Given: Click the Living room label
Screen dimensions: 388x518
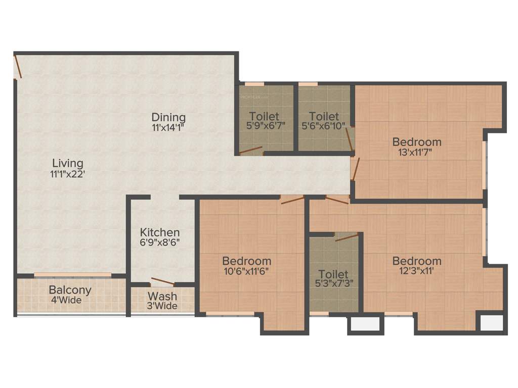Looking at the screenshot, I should click(68, 163).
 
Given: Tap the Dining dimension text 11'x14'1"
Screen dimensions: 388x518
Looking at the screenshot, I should click(168, 128).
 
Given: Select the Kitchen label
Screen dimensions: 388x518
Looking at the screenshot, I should click(160, 232).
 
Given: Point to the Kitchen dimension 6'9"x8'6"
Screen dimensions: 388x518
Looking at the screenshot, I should click(160, 242).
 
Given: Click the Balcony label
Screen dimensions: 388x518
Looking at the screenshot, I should click(70, 290).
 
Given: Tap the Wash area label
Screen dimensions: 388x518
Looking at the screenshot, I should click(162, 296).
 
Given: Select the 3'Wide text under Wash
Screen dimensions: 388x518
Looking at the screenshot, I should click(162, 306).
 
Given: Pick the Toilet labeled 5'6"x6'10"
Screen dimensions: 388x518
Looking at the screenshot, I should click(324, 117).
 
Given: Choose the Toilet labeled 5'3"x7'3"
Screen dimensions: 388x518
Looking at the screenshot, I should click(333, 274).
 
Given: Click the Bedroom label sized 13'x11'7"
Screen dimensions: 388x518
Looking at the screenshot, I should click(417, 141).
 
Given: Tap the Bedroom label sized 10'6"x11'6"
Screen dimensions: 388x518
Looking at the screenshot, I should click(247, 261).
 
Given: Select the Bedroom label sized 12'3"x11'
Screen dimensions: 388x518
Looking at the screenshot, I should click(417, 261).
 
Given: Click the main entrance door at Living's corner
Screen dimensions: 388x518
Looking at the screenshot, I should click(18, 67).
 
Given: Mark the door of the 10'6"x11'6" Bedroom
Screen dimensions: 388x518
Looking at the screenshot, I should click(292, 200).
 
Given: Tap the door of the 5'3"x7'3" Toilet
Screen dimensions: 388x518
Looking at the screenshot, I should click(347, 237).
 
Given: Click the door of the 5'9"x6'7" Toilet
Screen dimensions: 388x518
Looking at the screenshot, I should click(251, 150).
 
